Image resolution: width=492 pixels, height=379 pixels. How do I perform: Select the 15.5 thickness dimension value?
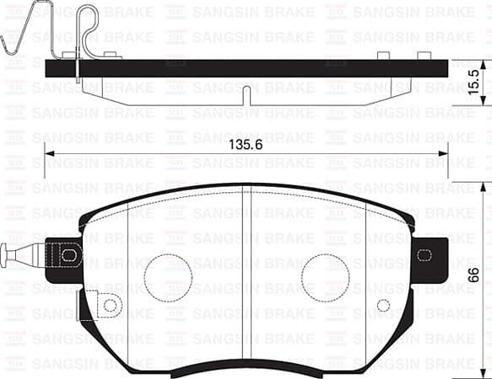pyautogui.click(x=475, y=82)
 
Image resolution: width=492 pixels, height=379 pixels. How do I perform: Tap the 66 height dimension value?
pyautogui.click(x=475, y=275)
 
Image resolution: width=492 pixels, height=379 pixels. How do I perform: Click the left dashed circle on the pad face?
pyautogui.click(x=166, y=276)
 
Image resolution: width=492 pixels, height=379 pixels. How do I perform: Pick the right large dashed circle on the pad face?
pyautogui.click(x=324, y=276)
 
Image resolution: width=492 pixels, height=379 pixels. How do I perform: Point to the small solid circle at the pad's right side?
pyautogui.click(x=383, y=305)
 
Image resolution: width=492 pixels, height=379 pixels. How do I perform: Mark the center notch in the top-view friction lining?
pyautogui.click(x=244, y=94)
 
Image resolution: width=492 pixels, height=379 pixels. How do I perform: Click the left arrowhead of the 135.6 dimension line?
pyautogui.click(x=49, y=153)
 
